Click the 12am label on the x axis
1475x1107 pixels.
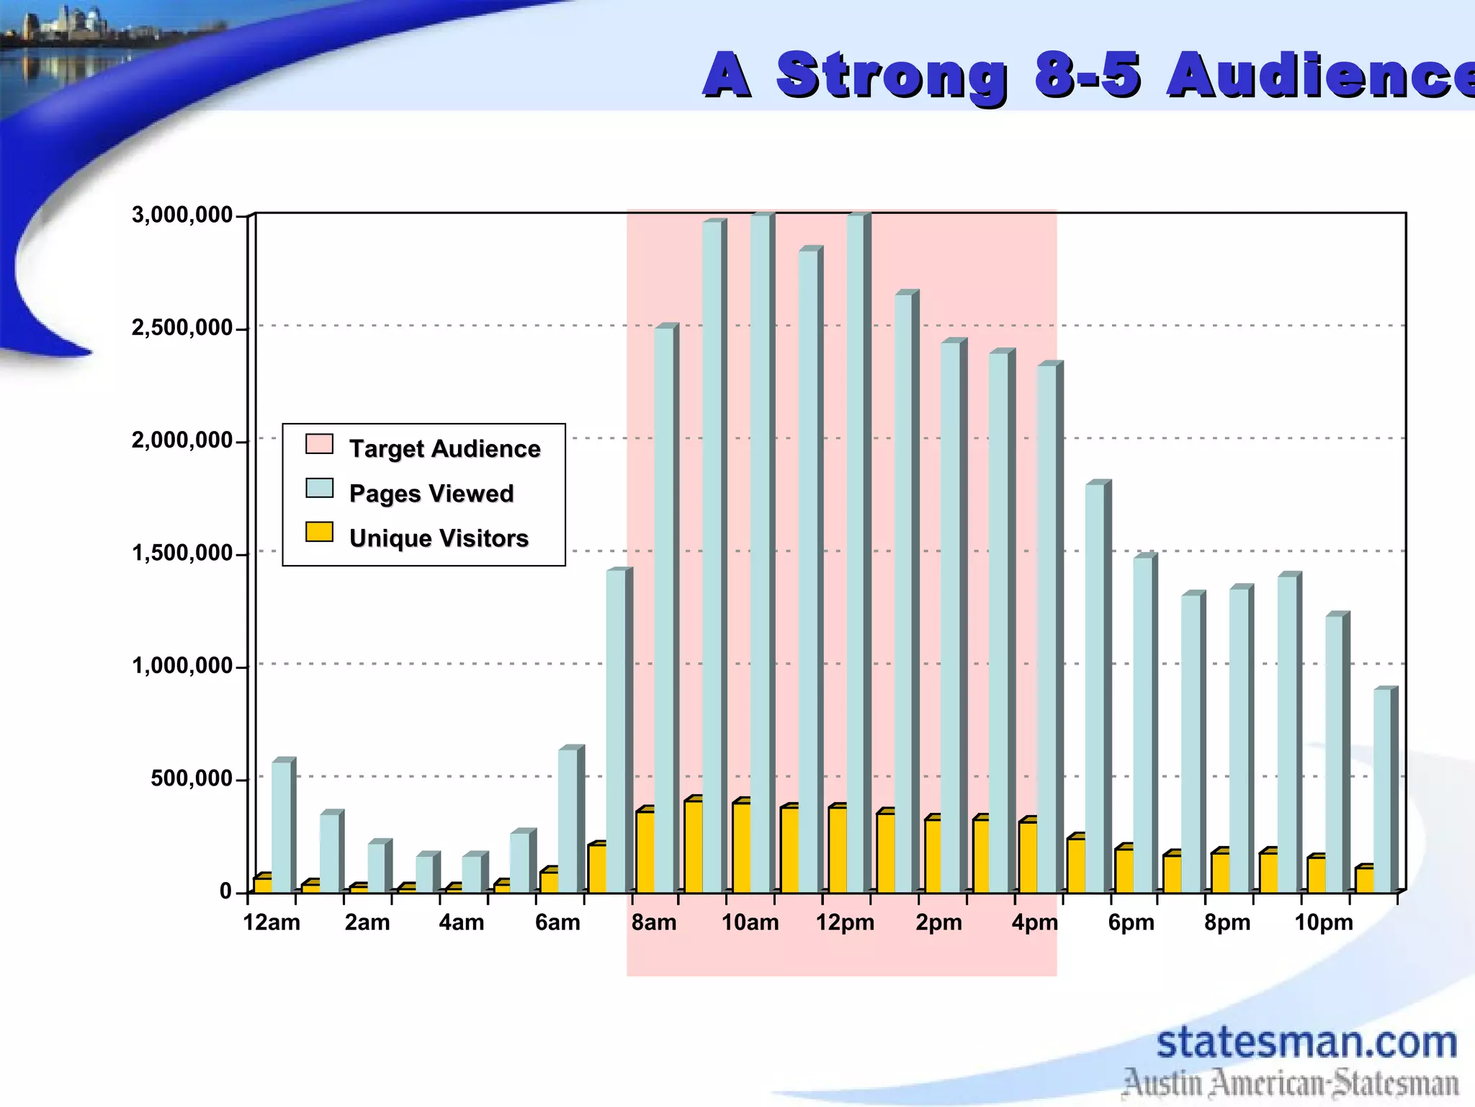coord(272,922)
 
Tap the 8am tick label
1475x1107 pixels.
coord(654,922)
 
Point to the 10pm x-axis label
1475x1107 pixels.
coord(1324,922)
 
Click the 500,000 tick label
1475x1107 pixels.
coord(192,779)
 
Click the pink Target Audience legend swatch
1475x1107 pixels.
coord(319,444)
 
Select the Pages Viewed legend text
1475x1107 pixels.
coord(431,494)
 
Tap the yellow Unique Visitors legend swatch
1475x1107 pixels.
coord(319,533)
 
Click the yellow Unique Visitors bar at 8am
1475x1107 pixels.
coord(645,850)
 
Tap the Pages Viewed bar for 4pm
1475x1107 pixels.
coord(1047,627)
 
